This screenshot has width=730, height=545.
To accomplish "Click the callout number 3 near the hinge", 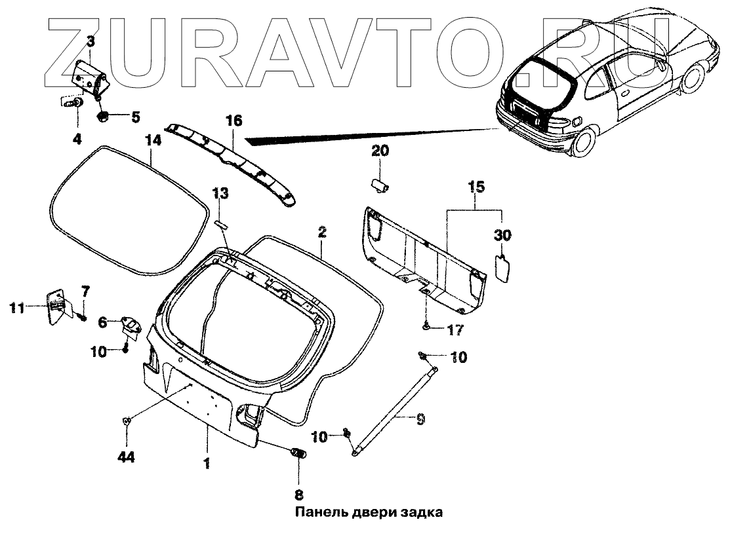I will [x=91, y=43].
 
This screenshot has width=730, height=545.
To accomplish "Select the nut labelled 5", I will [x=103, y=117].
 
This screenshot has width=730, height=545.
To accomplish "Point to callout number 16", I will [x=234, y=121].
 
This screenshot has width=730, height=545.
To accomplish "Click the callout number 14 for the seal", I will [x=152, y=141].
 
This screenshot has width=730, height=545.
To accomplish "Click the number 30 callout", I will [x=502, y=235].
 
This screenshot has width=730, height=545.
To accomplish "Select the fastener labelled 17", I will [x=427, y=325].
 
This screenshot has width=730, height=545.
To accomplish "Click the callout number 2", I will [x=322, y=232].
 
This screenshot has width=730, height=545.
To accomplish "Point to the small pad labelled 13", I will [x=220, y=224].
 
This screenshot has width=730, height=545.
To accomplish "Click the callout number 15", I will [x=476, y=188].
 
